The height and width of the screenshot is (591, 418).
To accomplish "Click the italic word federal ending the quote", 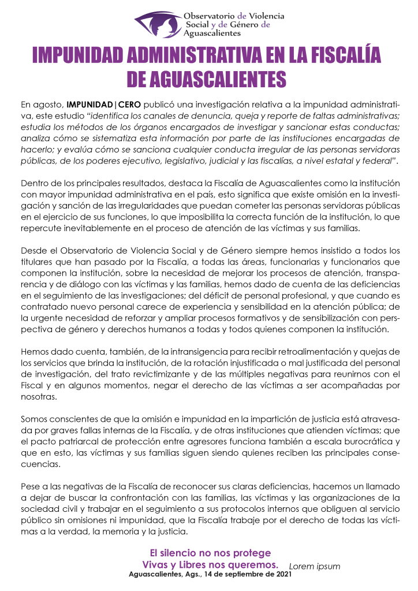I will [376, 160].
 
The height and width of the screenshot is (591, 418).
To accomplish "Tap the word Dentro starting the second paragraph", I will [35, 184].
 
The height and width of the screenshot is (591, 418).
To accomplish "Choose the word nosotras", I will [39, 397].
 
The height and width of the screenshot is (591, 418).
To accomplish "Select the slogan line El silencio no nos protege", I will [210, 553].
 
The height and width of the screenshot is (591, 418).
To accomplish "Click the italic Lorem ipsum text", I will [315, 566].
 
